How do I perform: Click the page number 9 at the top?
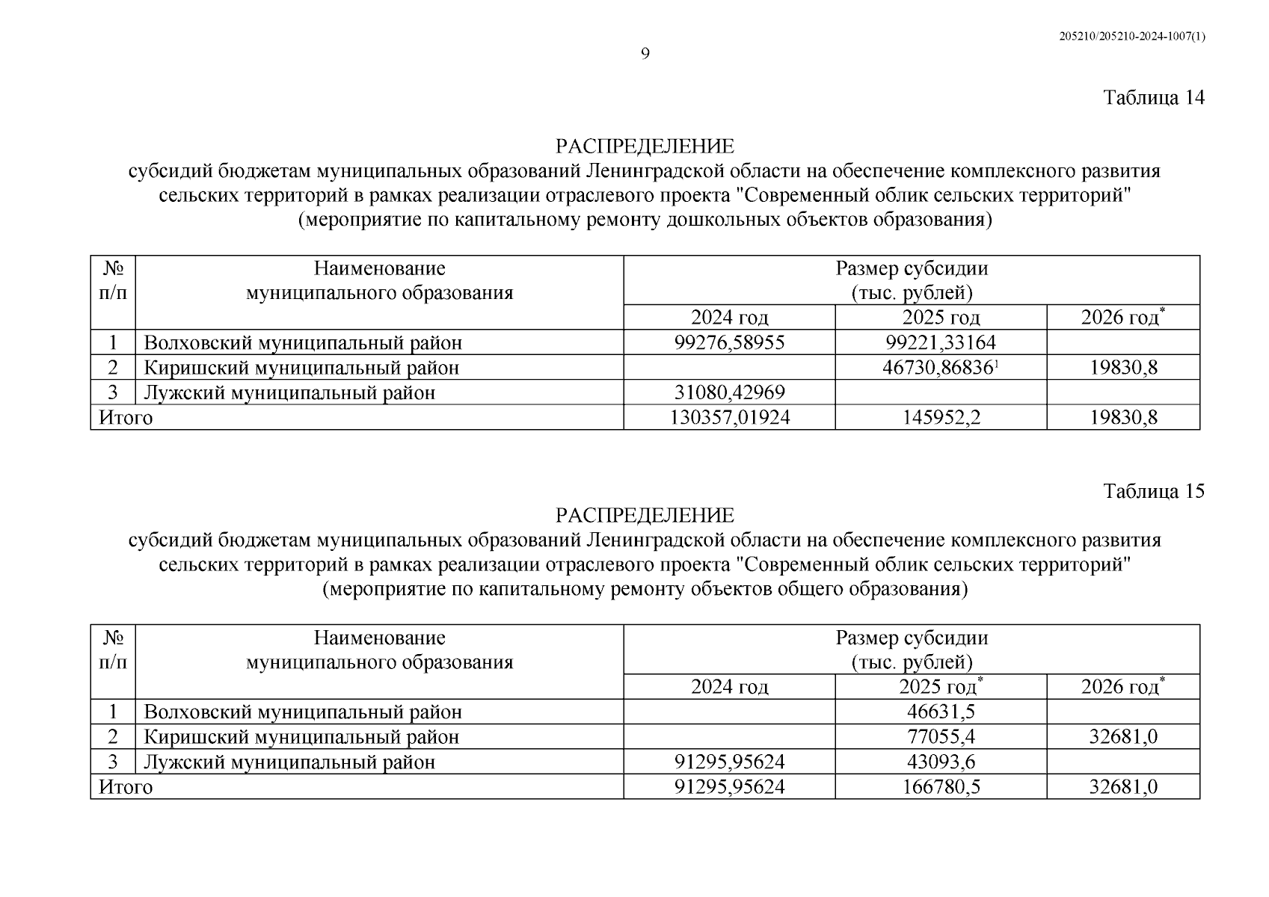click(x=645, y=53)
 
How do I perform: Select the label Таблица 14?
click(x=1154, y=98)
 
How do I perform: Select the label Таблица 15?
click(x=1154, y=491)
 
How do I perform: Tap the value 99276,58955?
click(x=729, y=343)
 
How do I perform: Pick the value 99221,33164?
click(x=941, y=343)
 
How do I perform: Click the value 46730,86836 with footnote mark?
click(x=941, y=368)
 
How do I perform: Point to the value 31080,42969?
click(x=729, y=392)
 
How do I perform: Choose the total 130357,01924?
click(x=729, y=417)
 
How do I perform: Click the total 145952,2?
click(x=941, y=417)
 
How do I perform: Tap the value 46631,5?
click(x=941, y=712)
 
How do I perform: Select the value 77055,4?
click(x=941, y=737)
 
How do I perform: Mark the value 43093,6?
click(x=941, y=762)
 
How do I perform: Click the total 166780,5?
click(x=941, y=786)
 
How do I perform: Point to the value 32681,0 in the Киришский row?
click(x=1123, y=737)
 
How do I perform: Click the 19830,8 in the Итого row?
click(x=1123, y=417)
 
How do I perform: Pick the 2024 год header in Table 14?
click(x=729, y=318)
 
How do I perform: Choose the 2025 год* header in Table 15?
click(x=941, y=687)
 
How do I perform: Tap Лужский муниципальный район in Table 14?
click(x=289, y=392)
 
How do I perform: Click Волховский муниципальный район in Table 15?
click(x=303, y=712)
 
